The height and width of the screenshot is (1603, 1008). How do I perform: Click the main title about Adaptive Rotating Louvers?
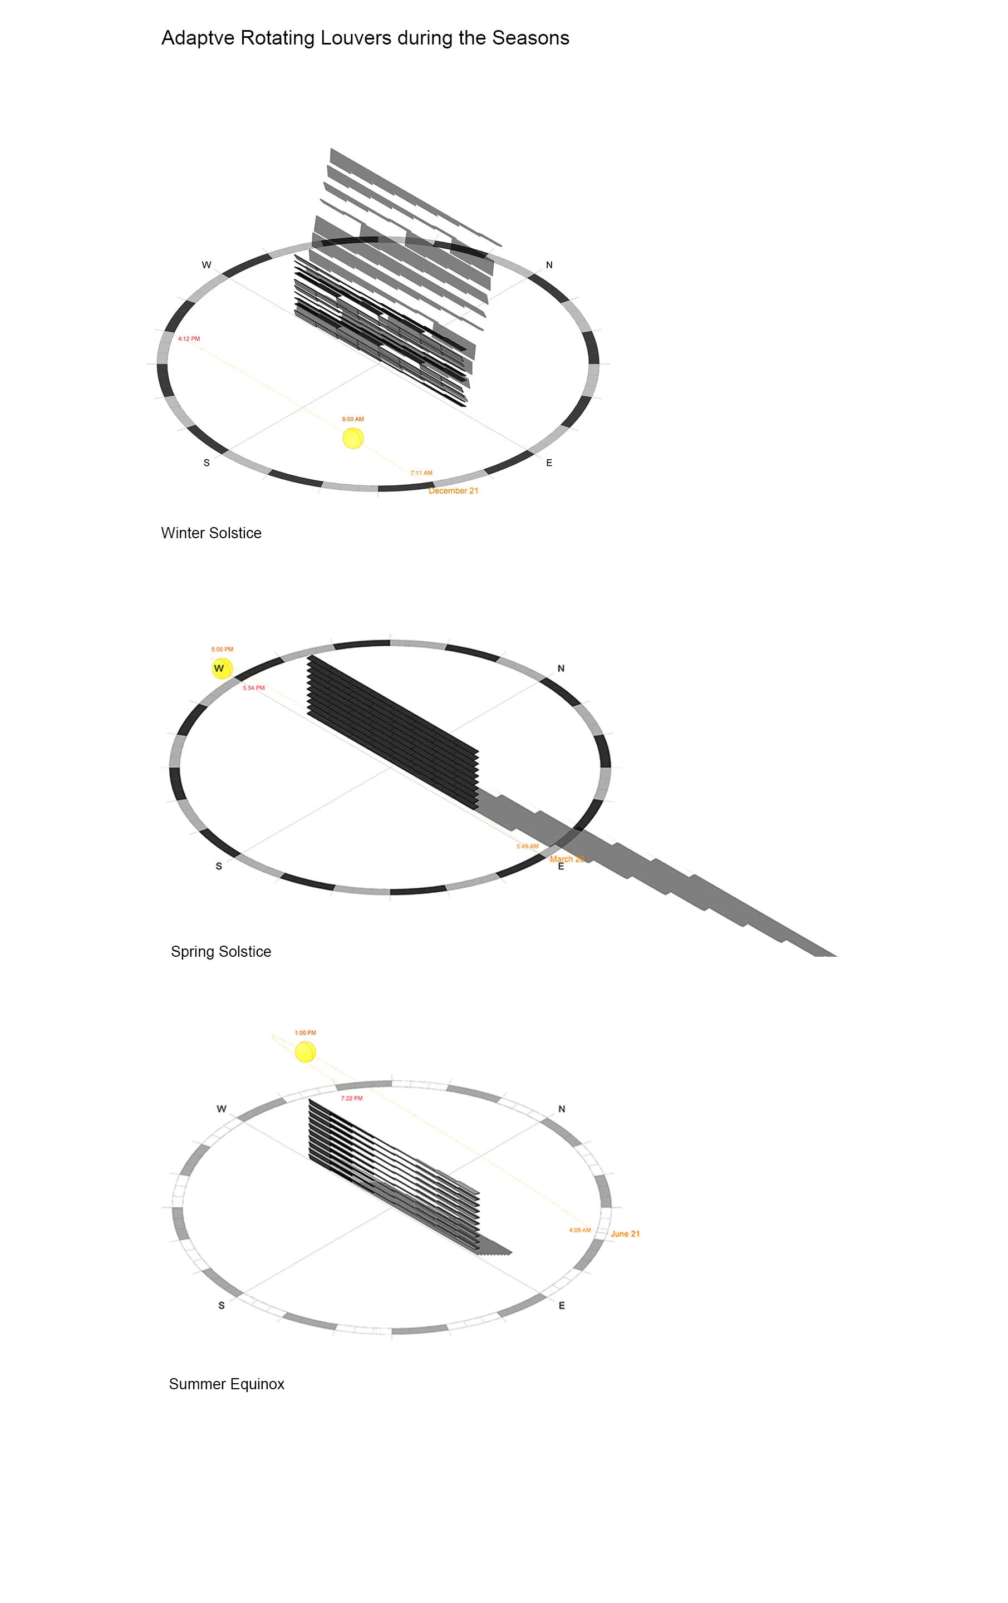tap(365, 38)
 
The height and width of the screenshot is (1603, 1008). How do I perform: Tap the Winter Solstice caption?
tap(211, 533)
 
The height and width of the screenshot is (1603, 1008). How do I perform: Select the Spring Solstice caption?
tap(221, 952)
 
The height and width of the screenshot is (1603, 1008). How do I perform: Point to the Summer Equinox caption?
tap(227, 1385)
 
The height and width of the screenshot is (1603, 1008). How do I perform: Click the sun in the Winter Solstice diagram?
tap(353, 438)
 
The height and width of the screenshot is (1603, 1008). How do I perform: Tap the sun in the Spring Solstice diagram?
tap(222, 668)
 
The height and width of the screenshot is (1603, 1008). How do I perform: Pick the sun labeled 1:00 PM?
tap(305, 1053)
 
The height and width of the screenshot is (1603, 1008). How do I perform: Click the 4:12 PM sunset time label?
tap(189, 339)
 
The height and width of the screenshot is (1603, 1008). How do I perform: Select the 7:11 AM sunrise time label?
tap(421, 473)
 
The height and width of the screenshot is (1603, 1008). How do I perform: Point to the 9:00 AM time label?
tap(353, 419)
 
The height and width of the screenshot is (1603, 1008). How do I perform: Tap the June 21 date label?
tap(625, 1234)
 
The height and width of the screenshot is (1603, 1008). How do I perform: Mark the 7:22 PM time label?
tap(352, 1098)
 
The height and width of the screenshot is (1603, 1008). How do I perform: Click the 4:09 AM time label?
tap(580, 1230)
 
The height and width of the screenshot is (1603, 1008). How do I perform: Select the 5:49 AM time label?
tap(527, 847)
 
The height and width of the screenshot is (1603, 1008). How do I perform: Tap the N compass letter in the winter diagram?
tap(549, 265)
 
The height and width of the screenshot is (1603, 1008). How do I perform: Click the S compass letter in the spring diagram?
tap(218, 867)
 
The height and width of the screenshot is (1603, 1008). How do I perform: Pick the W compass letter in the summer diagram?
tap(221, 1109)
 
